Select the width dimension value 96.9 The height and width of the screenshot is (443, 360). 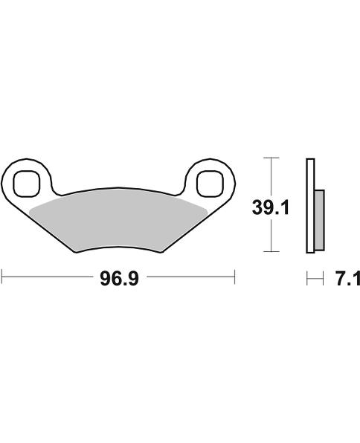click(x=119, y=279)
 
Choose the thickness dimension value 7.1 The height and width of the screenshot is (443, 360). click(x=347, y=279)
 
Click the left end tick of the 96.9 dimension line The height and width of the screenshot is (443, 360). click(x=2, y=278)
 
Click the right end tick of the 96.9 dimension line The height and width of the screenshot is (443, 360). click(x=235, y=278)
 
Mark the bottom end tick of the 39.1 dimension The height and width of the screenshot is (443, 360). click(x=273, y=252)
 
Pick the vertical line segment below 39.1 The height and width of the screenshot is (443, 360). click(x=273, y=236)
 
